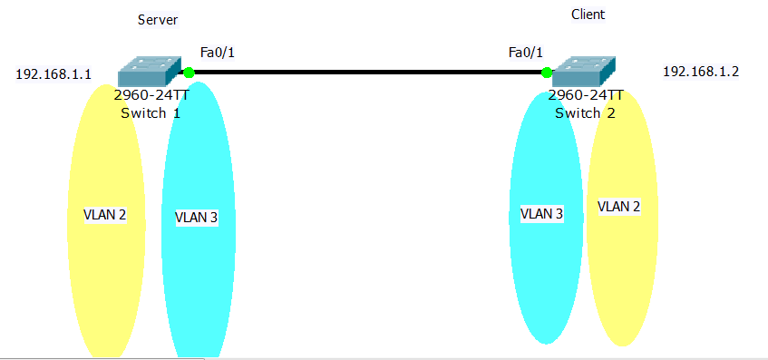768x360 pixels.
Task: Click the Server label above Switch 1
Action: pos(157,20)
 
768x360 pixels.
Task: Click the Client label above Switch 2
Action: pos(588,15)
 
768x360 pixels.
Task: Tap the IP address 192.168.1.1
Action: pos(53,74)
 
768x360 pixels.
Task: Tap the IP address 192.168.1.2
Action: pos(701,71)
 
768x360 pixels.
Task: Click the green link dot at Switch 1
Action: pos(189,72)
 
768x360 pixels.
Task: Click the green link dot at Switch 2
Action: pos(547,72)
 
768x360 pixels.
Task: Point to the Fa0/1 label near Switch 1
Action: pos(217,53)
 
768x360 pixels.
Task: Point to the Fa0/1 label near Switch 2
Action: pos(526,53)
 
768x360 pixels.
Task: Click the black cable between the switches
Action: pos(367,71)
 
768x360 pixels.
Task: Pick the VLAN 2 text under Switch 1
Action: pos(104,215)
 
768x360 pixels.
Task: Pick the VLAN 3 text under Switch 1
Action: pos(196,218)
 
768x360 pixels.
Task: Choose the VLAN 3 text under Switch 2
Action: pos(541,214)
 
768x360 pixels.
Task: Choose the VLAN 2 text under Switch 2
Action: pos(619,207)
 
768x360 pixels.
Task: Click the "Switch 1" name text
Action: pos(151,113)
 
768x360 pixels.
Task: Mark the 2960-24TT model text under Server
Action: pos(151,95)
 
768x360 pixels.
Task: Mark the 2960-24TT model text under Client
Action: pos(586,95)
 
